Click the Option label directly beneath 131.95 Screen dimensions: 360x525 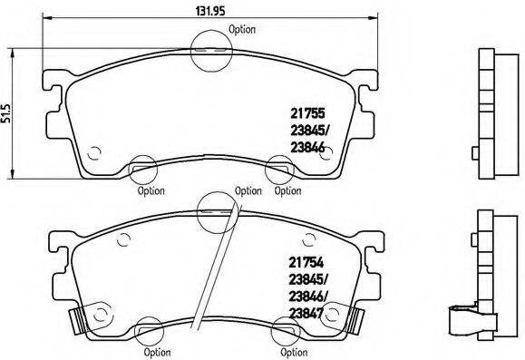(x=242, y=29)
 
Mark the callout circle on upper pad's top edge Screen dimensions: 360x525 (x=211, y=50)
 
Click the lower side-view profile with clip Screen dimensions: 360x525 (x=481, y=277)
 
